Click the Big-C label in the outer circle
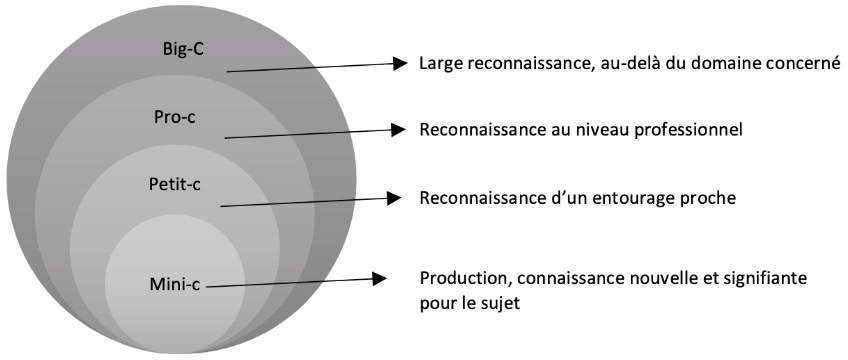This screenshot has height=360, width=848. point(182,49)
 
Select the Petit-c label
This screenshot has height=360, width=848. point(176,184)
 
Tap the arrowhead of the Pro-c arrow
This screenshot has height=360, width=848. point(398,129)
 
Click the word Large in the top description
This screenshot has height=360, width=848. point(442,64)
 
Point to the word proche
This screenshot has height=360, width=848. point(709,198)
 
